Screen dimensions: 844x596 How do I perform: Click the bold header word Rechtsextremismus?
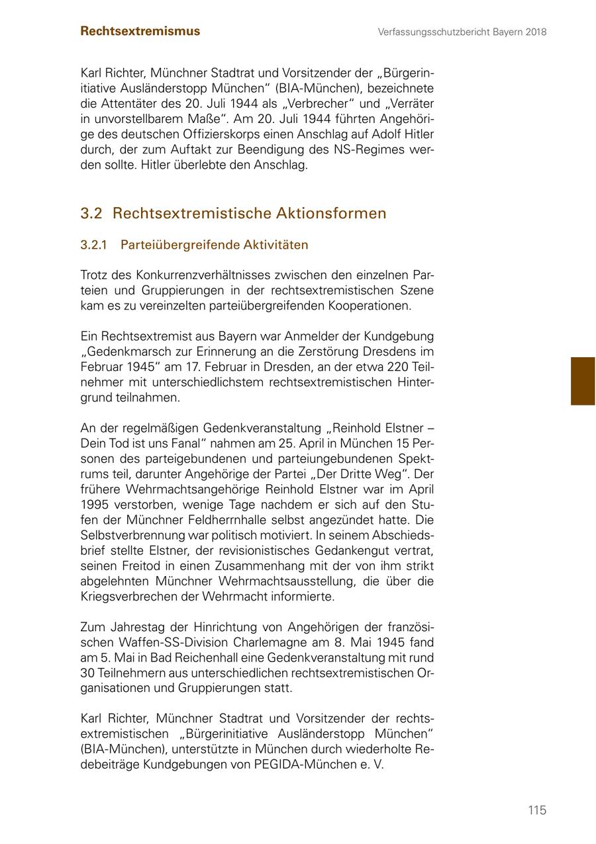point(140,31)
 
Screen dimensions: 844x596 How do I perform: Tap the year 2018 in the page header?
point(534,32)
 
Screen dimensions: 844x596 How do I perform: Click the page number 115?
point(537,810)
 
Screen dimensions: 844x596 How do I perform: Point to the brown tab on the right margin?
point(583,381)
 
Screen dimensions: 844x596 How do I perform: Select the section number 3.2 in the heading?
point(91,214)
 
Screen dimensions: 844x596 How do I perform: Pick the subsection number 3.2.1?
point(93,245)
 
